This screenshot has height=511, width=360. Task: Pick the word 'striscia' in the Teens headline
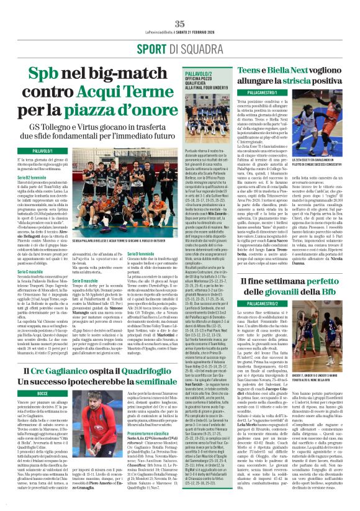pyautogui.click(x=292, y=81)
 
